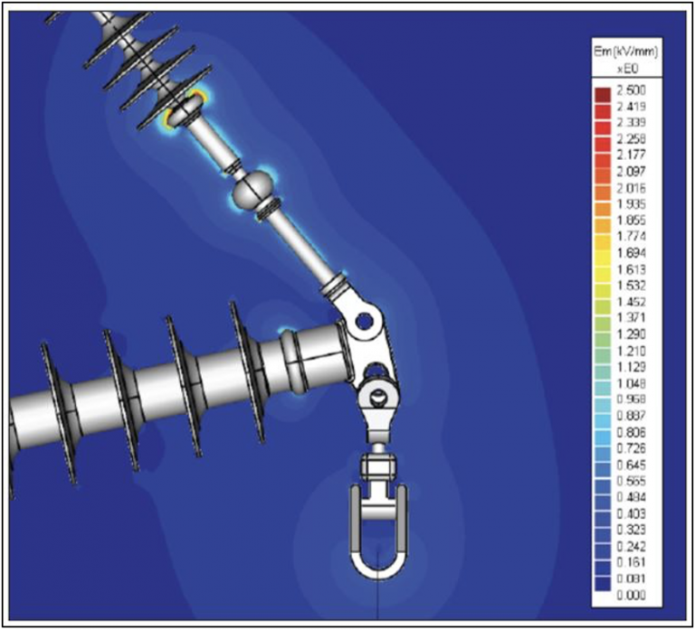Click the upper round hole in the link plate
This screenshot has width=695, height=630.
coord(364,319)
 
